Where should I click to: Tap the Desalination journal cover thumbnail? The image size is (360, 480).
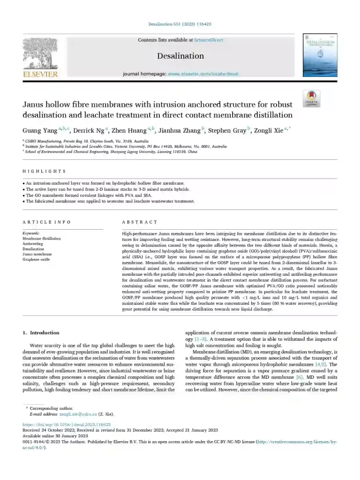point(320,55)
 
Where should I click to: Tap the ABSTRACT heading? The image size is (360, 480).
point(140,222)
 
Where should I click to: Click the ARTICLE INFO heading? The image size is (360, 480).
point(47,222)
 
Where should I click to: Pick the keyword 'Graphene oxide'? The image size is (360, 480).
point(36,259)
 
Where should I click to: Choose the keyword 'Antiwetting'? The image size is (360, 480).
point(33,244)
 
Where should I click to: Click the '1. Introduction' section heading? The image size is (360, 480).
point(41,333)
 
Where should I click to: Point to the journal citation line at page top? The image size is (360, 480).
point(180,24)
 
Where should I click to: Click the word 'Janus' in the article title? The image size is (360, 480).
point(37,105)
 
